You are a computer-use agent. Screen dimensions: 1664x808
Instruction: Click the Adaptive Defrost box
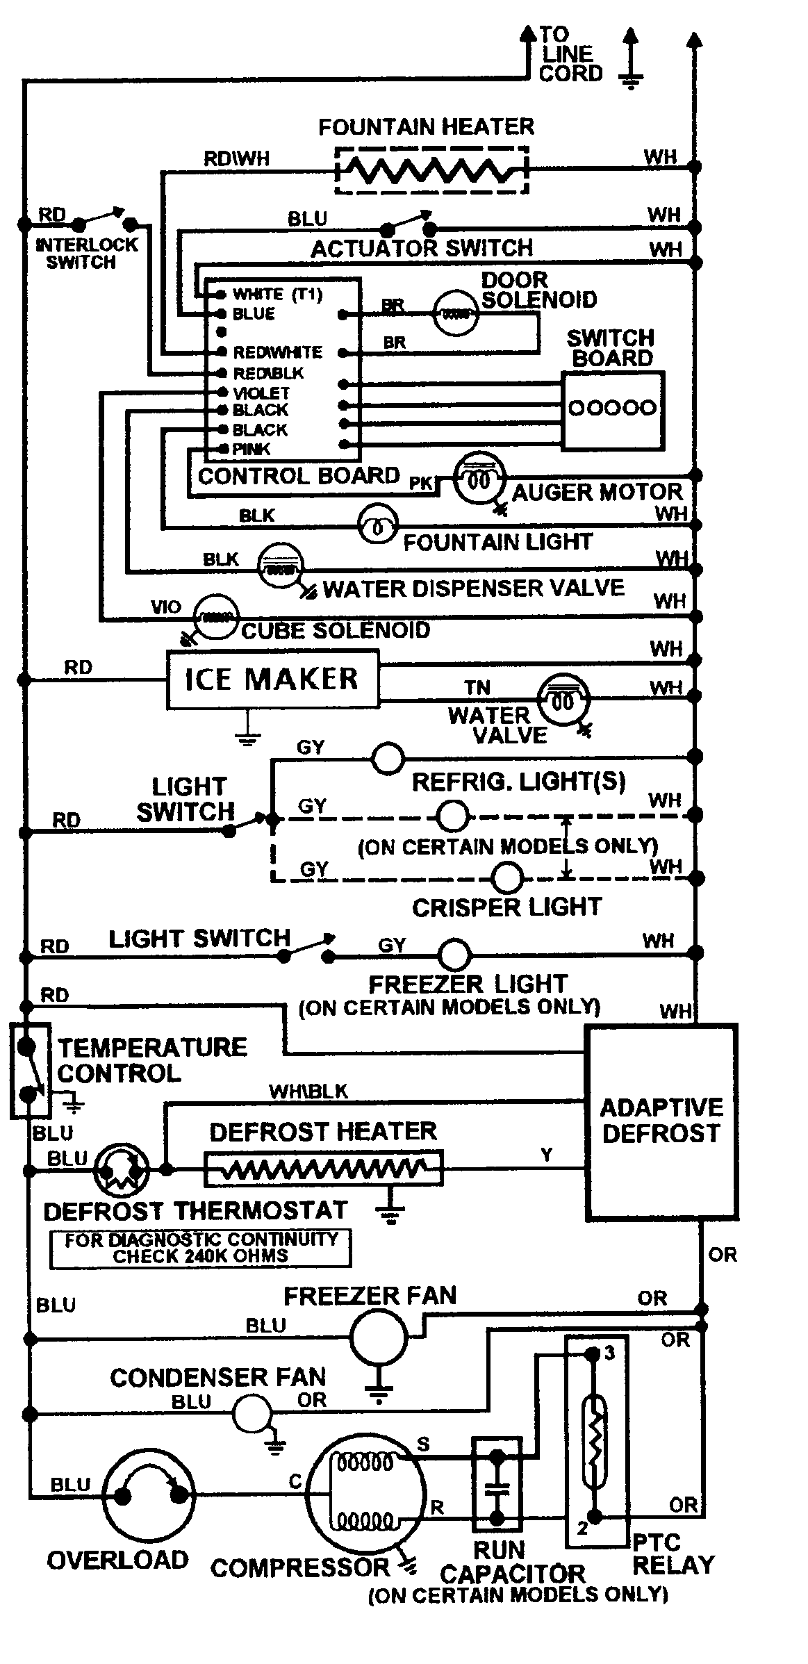point(661,1121)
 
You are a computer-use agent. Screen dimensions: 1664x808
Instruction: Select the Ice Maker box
point(272,679)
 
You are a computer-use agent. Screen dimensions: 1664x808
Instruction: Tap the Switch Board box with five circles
point(612,410)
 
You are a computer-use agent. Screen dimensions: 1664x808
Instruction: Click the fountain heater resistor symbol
point(431,170)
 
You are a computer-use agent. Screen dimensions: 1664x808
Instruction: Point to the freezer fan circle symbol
point(378,1337)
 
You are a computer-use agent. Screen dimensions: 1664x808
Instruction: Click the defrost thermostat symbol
point(122,1170)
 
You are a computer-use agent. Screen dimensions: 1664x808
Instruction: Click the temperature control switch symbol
point(28,1070)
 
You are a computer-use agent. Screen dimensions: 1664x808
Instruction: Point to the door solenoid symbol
point(455,315)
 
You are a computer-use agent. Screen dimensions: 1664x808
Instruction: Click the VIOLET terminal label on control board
point(261,393)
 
